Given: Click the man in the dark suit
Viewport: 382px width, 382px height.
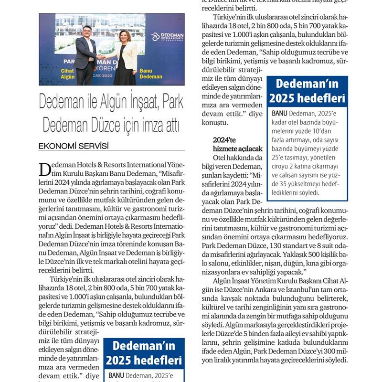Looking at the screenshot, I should click(86, 56).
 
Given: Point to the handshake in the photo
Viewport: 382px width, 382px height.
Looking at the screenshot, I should click(101, 57).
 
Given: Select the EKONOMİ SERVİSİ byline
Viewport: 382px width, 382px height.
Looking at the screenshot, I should click(74, 146).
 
